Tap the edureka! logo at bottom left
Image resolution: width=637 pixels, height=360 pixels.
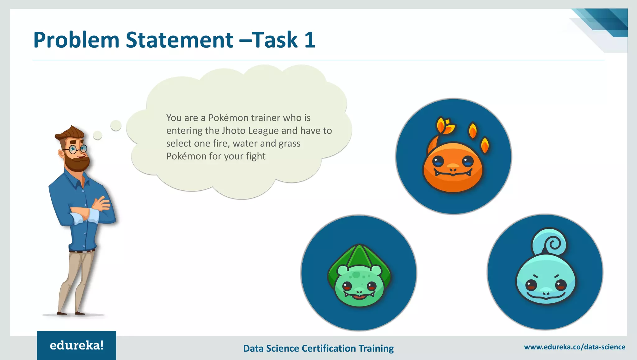[77, 345]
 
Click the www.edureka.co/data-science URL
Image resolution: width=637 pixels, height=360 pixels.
[574, 347]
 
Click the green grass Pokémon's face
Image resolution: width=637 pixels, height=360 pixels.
[359, 286]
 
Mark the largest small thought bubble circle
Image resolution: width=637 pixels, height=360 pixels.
[116, 125]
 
